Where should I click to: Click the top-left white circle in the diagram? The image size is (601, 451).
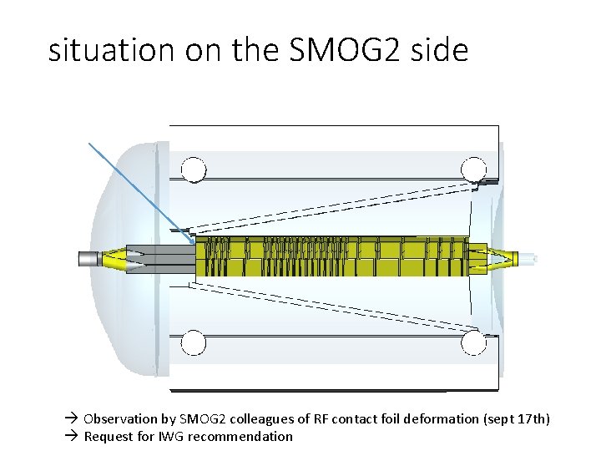(194, 170)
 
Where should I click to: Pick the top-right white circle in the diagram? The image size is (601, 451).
(474, 169)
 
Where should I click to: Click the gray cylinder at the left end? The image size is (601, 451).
(90, 258)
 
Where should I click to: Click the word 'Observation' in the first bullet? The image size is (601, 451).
(119, 418)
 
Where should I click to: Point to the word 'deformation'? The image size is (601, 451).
(442, 418)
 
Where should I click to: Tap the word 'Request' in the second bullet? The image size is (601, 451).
(108, 436)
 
